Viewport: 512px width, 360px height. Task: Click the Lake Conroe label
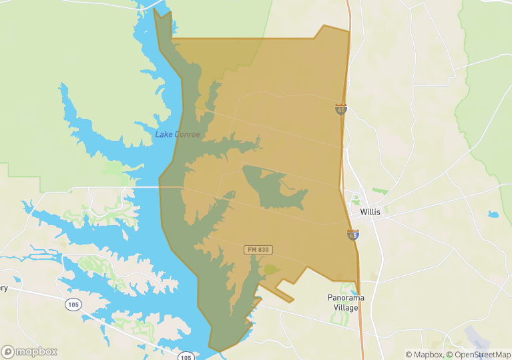[178, 134]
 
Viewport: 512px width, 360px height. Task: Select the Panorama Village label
[346, 303]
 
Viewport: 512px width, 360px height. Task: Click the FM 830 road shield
[258, 250]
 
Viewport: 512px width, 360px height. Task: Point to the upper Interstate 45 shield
[341, 108]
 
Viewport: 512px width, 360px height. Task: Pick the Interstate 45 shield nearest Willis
[353, 234]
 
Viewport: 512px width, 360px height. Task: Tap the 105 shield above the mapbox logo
[73, 305]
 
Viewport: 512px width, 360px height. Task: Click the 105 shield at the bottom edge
[186, 357]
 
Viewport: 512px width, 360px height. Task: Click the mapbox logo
[29, 351]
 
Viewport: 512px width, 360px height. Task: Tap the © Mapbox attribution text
[424, 354]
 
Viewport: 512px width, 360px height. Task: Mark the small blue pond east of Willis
[493, 215]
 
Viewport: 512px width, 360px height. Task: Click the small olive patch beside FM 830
[271, 269]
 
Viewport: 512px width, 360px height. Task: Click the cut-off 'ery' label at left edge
[3, 288]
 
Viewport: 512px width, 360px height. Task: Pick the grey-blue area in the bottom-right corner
[481, 338]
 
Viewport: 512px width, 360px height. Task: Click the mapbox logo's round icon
[8, 351]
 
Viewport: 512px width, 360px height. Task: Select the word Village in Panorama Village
[346, 308]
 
